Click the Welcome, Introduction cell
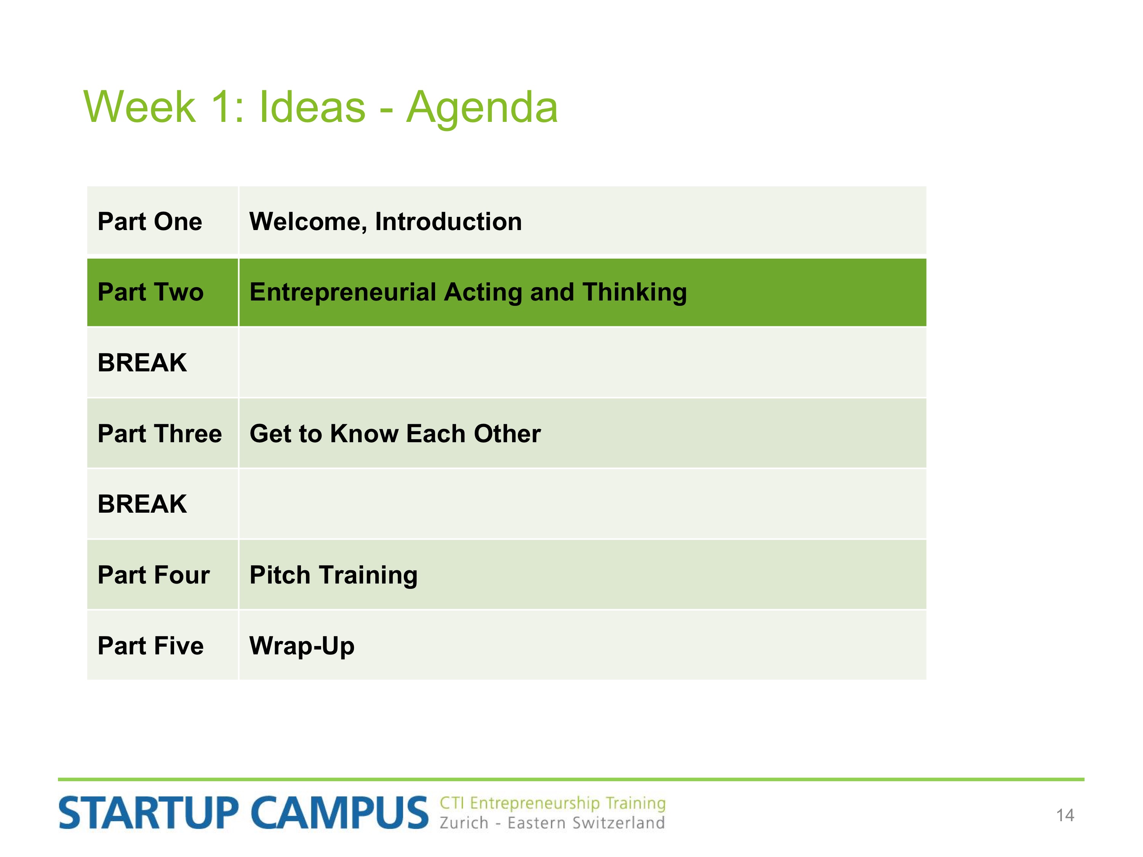point(386,222)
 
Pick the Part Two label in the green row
point(151,292)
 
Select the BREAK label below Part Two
point(142,363)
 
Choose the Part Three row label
point(160,433)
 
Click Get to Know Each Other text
point(395,433)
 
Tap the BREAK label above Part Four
point(142,504)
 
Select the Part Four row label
point(154,575)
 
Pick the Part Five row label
point(151,646)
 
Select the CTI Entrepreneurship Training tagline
point(552,803)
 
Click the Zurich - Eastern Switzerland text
point(552,823)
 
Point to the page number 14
point(1065,815)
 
